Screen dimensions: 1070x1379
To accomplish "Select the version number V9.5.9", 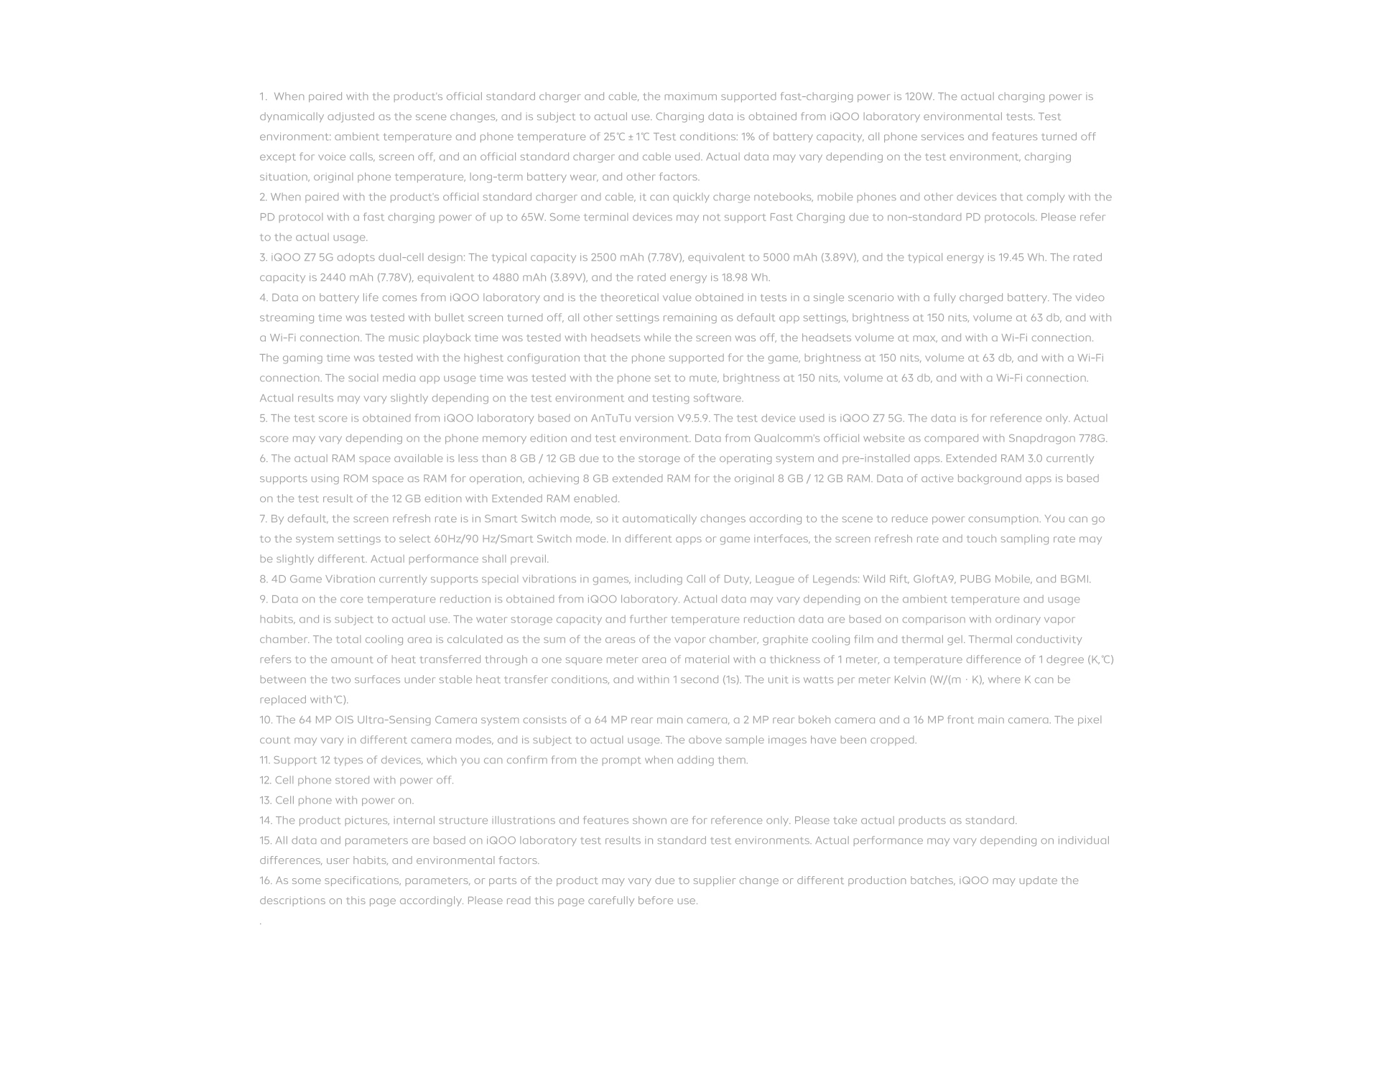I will [x=693, y=418].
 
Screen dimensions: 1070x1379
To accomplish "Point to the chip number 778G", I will [x=1092, y=438].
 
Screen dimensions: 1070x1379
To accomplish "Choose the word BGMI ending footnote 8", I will [x=1074, y=579].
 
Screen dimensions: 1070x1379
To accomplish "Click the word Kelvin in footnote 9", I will [x=909, y=679].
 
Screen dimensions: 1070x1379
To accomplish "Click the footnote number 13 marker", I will [x=265, y=800].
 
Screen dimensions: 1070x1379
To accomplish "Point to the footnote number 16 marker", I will [x=265, y=880].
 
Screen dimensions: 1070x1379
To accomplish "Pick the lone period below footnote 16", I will [x=261, y=922].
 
